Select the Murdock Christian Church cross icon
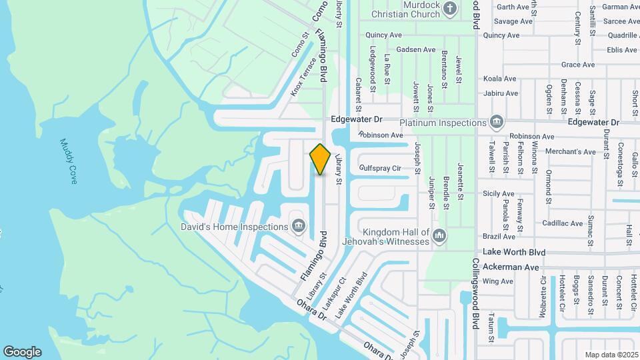pyautogui.click(x=450, y=9)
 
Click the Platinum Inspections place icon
pyautogui.click(x=496, y=123)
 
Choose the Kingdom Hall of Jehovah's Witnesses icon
pyautogui.click(x=439, y=235)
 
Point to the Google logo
pyautogui.click(x=22, y=352)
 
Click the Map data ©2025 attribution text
pyautogui.click(x=611, y=355)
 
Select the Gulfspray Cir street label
pyautogui.click(x=380, y=169)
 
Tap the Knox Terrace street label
pyautogui.click(x=304, y=81)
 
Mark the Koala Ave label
pyautogui.click(x=501, y=79)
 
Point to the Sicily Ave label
pyautogui.click(x=499, y=193)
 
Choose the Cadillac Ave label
pyautogui.click(x=561, y=223)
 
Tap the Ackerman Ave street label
pyautogui.click(x=511, y=267)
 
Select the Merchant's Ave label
pyautogui.click(x=570, y=152)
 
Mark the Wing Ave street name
pyautogui.click(x=498, y=281)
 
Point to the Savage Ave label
pyautogui.click(x=513, y=21)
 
